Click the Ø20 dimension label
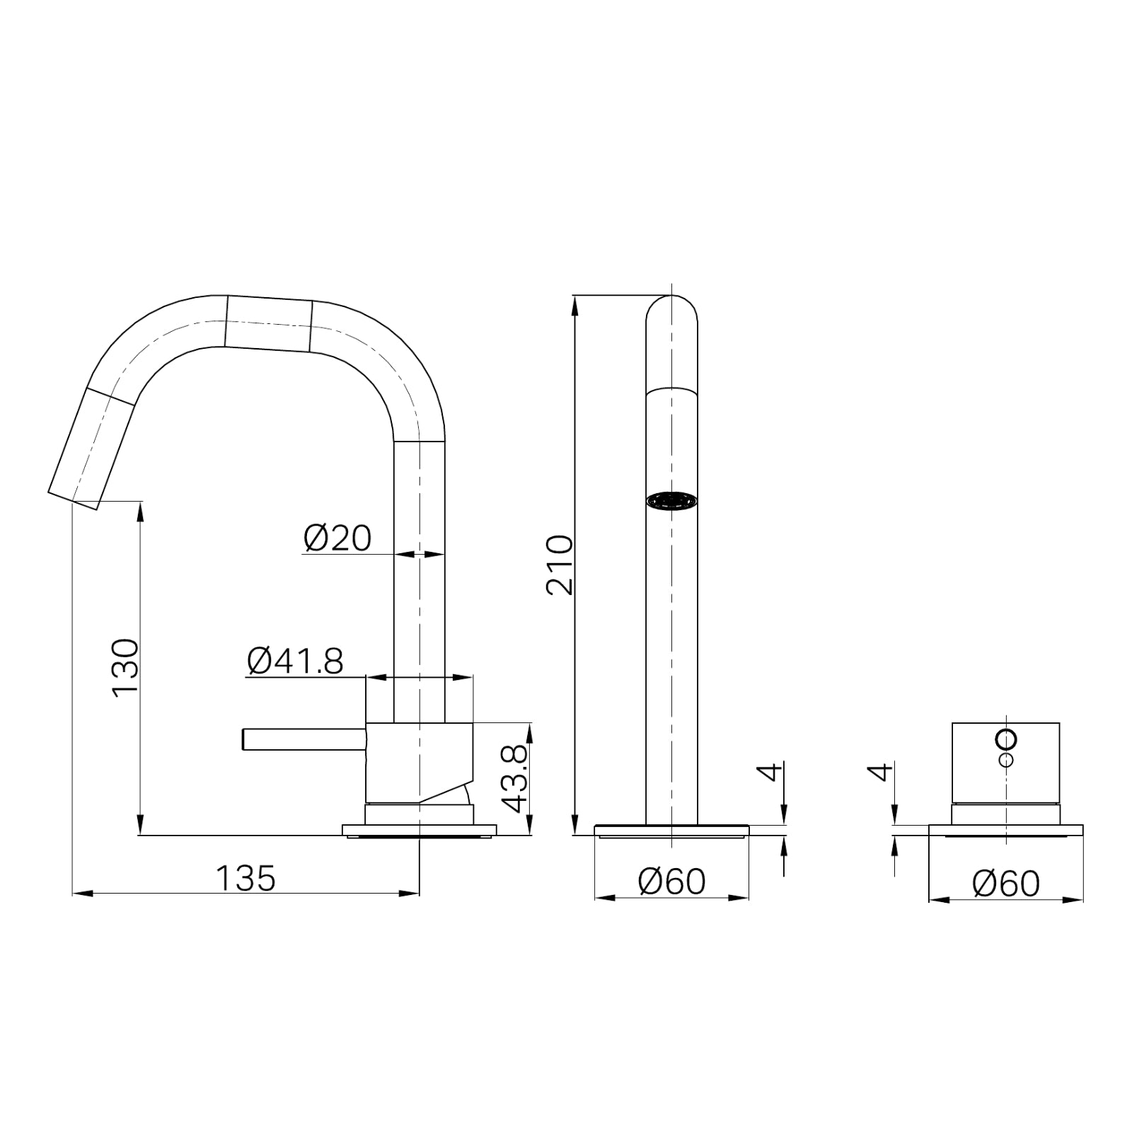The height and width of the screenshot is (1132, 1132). point(337,539)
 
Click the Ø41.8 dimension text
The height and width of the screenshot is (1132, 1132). point(295,662)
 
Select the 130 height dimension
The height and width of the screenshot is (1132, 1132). point(126,667)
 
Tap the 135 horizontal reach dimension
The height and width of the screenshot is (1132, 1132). point(246,879)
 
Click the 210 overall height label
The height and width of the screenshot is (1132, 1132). point(560,565)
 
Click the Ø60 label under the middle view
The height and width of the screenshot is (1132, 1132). point(671,882)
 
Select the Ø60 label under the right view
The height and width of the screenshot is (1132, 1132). point(1005,884)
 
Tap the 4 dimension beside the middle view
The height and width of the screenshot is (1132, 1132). point(773,771)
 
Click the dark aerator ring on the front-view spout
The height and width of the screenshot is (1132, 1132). point(671,501)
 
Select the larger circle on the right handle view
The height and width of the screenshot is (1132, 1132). point(1006,739)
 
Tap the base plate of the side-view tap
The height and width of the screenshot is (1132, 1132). point(419,830)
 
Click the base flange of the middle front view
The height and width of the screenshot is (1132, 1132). point(671,830)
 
